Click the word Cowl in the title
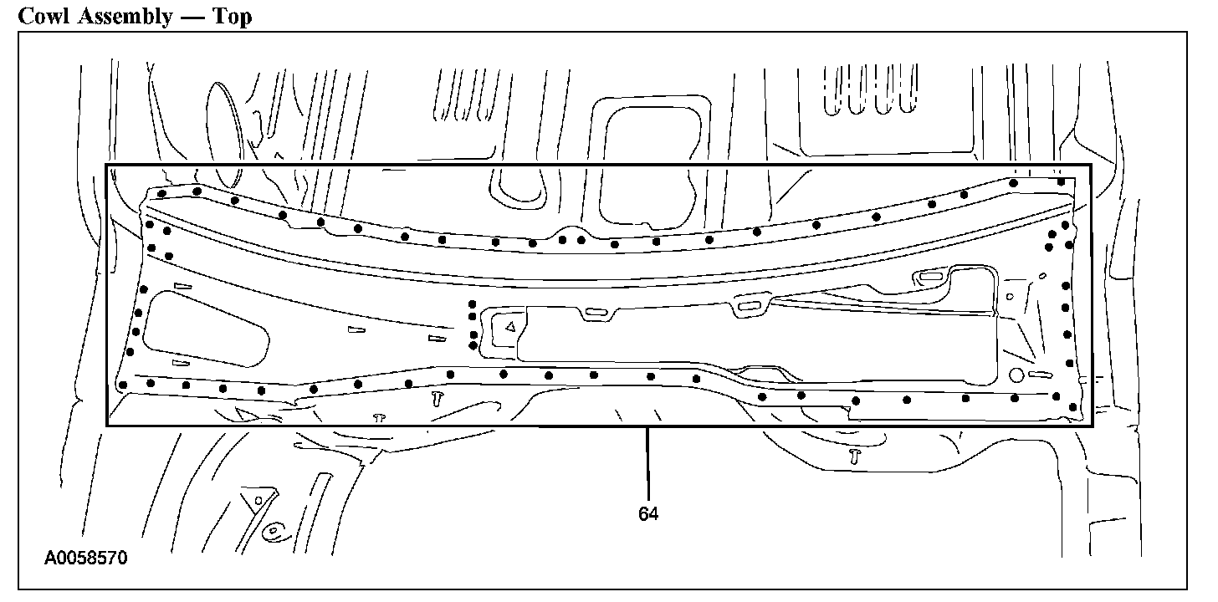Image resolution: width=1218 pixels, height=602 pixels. tap(43, 15)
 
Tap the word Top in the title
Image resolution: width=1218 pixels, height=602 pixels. tap(233, 17)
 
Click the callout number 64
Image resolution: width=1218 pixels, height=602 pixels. tap(648, 514)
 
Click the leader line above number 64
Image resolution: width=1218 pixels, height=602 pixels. tap(647, 464)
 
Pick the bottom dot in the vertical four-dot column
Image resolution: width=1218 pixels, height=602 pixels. tap(473, 344)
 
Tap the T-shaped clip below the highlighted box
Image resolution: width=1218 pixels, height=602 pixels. tap(854, 456)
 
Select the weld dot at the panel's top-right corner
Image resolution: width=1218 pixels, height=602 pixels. tap(1061, 181)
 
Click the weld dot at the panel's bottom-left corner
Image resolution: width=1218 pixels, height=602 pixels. tap(123, 385)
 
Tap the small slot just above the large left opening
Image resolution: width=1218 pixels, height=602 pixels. tap(182, 286)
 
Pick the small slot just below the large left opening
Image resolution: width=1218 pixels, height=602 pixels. tap(181, 363)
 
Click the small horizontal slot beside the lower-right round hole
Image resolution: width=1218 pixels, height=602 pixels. tap(1040, 375)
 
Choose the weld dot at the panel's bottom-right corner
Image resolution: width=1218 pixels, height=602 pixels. tap(1073, 406)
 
